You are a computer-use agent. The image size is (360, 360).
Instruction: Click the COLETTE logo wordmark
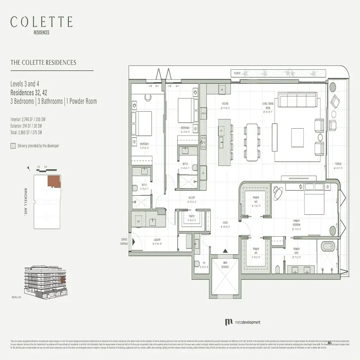point(41,22)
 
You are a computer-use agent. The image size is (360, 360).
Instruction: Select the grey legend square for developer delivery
point(13,146)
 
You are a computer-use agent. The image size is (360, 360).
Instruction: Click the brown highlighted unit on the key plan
point(54,181)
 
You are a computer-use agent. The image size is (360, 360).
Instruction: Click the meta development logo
point(243,322)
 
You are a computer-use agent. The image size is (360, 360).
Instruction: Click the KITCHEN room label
point(225,107)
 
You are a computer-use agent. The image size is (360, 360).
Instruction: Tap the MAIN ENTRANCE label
point(225,266)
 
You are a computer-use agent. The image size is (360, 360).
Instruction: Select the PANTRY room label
point(191,216)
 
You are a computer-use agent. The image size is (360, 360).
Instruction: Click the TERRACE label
point(337,164)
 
